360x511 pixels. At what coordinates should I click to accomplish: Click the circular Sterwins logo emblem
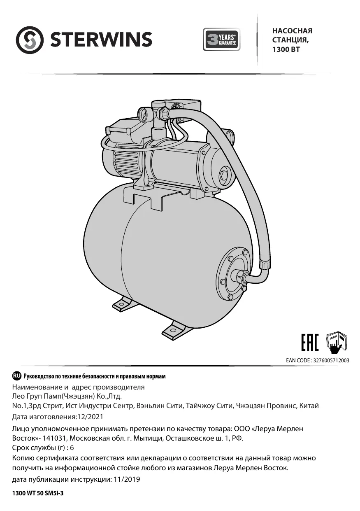pyautogui.click(x=30, y=40)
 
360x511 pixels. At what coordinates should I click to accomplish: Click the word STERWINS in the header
pyautogui.click(x=101, y=40)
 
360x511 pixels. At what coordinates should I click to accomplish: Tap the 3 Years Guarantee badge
pyautogui.click(x=221, y=40)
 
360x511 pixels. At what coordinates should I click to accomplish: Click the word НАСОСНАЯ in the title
pyautogui.click(x=292, y=31)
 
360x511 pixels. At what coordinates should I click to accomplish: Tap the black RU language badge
pyautogui.click(x=17, y=376)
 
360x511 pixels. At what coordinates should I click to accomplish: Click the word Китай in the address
pyautogui.click(x=309, y=406)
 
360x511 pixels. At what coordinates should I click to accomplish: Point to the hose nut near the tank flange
pyautogui.click(x=263, y=262)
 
